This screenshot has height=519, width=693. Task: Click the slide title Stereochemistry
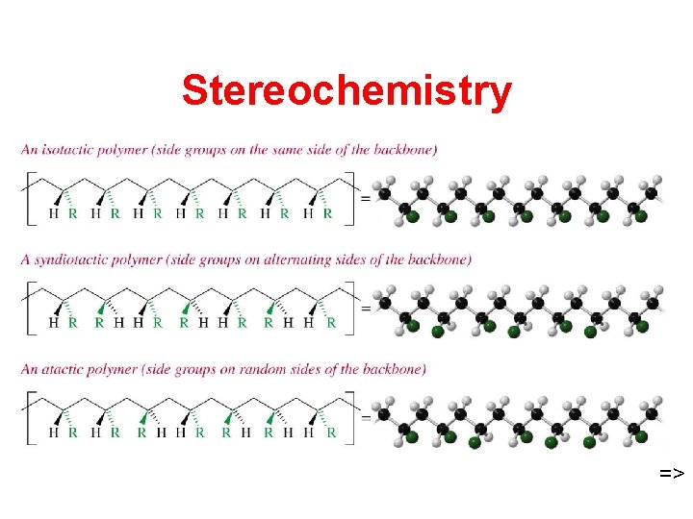point(346,91)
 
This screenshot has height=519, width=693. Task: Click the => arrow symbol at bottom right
point(671,473)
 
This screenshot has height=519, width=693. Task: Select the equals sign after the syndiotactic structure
point(364,308)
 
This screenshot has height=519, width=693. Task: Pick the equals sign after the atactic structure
point(364,417)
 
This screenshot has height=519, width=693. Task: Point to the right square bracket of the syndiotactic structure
point(351,307)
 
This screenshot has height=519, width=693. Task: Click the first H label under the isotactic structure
point(53,214)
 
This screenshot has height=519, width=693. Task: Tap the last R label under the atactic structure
point(331,433)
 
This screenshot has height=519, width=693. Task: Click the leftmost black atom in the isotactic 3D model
point(384,193)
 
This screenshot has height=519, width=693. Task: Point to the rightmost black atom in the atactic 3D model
point(652,413)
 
